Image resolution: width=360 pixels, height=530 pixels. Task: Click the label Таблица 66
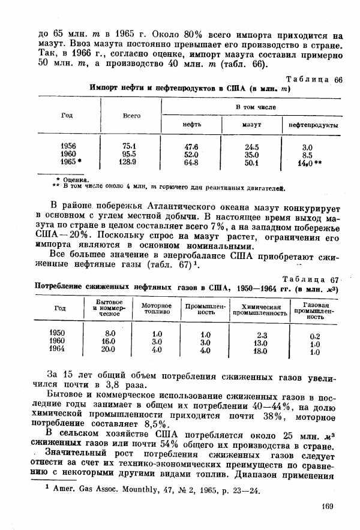[313, 80]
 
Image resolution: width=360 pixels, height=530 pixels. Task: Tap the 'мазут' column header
[251, 125]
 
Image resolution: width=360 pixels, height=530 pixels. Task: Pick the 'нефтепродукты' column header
[313, 125]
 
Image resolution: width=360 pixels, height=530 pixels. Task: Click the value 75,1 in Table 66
[130, 146]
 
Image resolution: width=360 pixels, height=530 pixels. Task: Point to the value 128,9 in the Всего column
[130, 162]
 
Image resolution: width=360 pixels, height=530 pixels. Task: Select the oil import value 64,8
[191, 162]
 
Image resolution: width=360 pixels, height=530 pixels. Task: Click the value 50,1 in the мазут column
[251, 162]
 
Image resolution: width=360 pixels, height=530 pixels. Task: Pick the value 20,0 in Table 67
[108, 350]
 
